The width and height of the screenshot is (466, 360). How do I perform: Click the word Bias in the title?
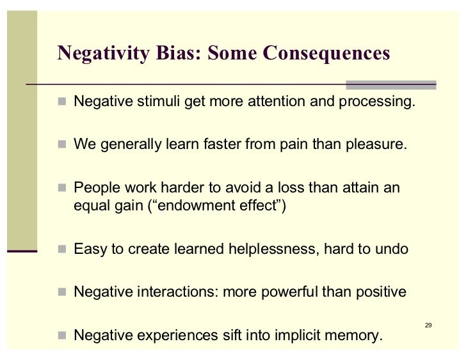tap(174, 53)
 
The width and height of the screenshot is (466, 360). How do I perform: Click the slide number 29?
tap(428, 325)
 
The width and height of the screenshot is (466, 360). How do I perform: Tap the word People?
tap(96, 189)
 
